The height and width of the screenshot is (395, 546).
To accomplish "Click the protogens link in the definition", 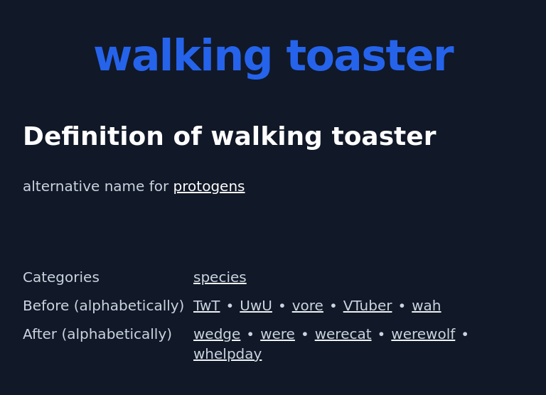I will (209, 186).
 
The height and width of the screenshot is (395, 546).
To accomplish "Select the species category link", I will (220, 277).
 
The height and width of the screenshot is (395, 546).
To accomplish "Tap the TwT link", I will (206, 305).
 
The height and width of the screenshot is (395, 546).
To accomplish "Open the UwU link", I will (256, 305).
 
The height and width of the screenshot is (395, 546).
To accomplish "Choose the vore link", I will (307, 305).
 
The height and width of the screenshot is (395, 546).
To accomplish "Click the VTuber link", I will (368, 305).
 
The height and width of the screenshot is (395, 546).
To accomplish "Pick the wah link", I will (426, 305).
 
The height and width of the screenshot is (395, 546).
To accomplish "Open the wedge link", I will (217, 334).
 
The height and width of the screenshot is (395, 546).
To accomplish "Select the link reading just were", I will (277, 334).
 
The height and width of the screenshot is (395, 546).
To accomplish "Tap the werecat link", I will (343, 334).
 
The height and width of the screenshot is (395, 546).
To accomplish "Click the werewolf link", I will (423, 334).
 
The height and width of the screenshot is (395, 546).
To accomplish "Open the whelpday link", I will (227, 354).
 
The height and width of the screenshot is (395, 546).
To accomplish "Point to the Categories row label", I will (61, 277).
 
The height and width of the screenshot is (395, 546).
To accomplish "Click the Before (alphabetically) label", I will (103, 305).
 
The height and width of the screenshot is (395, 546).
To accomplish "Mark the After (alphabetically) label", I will (97, 334).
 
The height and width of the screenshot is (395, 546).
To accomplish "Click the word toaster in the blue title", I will (370, 56).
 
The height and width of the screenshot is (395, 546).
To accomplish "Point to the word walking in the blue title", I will (183, 56).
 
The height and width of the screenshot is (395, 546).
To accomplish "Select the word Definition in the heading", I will (93, 136).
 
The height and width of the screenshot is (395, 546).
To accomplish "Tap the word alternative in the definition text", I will (60, 186).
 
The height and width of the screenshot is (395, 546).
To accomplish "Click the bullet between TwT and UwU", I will (230, 305).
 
